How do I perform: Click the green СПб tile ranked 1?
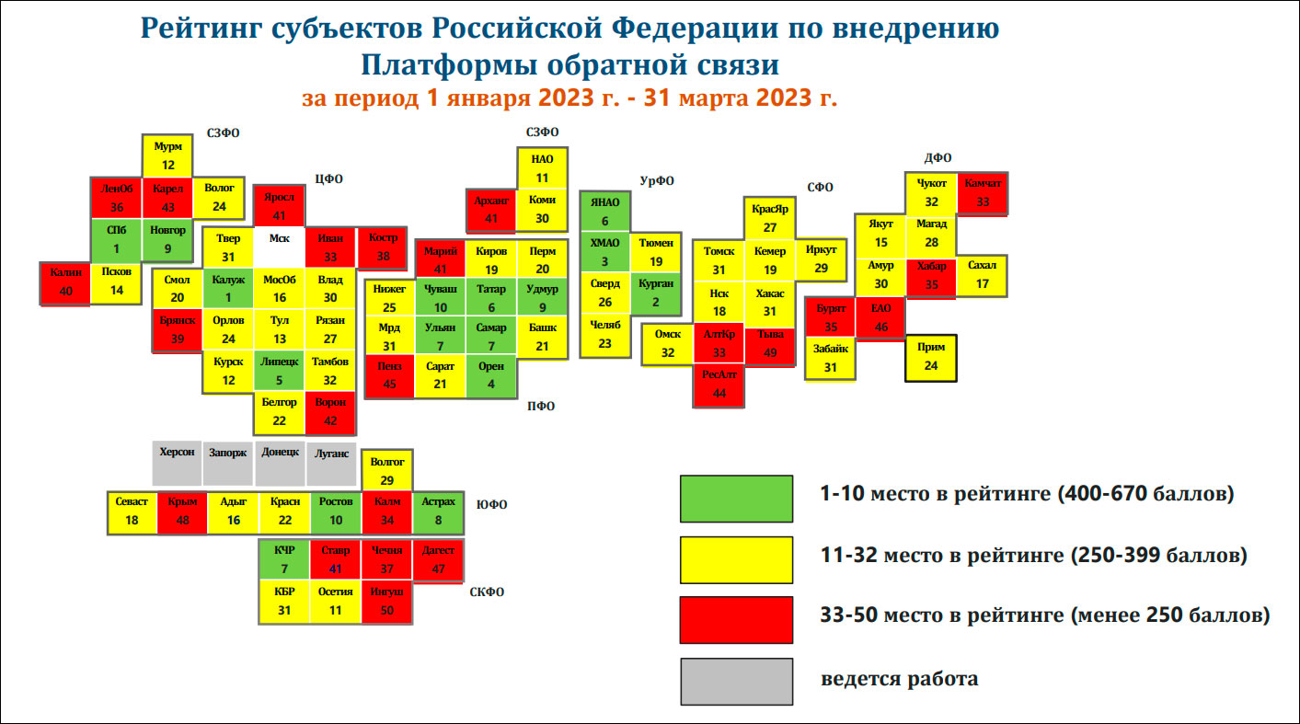[116, 240]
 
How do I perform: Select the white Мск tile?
[279, 247]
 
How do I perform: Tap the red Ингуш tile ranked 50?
[386, 602]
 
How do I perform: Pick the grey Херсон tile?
[177, 461]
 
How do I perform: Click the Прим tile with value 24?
[931, 357]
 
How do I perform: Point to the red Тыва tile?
[770, 343]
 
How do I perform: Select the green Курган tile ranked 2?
[656, 293]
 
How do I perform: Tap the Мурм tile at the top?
[167, 155]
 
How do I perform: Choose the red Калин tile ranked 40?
[65, 282]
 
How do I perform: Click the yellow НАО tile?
[542, 168]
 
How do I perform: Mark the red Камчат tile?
[983, 193]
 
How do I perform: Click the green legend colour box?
[736, 499]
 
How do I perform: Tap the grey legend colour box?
[736, 681]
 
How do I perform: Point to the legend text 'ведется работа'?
[899, 680]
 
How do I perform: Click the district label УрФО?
[656, 180]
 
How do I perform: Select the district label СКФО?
[487, 592]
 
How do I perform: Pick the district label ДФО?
[938, 157]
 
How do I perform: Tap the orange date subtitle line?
[569, 98]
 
